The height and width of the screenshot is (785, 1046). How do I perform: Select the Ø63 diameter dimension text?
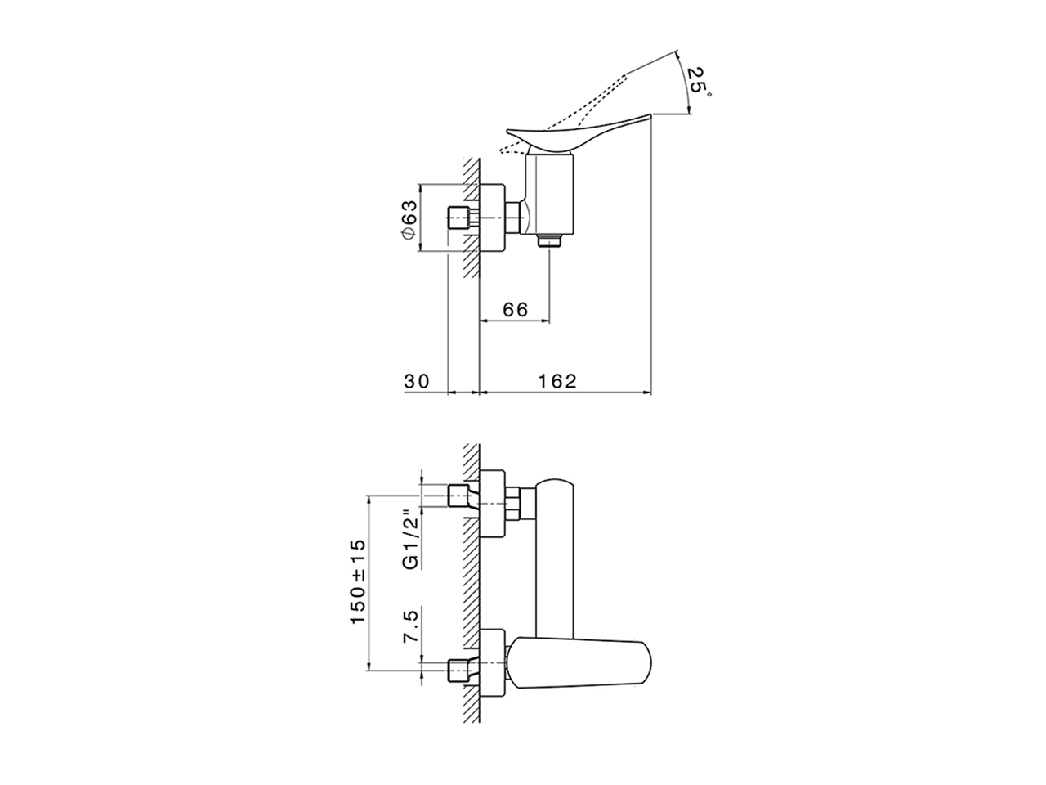(409, 218)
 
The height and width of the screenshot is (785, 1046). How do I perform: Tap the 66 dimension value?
(515, 310)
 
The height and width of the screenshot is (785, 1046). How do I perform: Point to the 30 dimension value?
(416, 381)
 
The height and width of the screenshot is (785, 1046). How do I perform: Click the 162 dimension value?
(559, 381)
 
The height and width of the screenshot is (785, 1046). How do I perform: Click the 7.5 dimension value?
(412, 626)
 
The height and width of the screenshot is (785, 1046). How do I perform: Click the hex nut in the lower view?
(514, 502)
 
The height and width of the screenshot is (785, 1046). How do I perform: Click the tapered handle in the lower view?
(580, 661)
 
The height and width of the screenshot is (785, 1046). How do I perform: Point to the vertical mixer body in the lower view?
(556, 556)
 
